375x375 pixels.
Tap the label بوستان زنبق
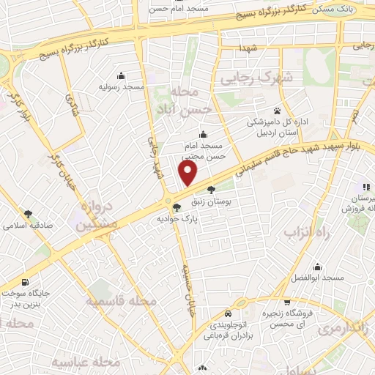pyautogui.click(x=211, y=200)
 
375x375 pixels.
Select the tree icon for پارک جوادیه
pyautogui.click(x=177, y=207)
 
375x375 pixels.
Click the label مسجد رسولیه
pyautogui.click(x=122, y=86)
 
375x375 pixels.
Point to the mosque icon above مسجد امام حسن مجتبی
pyautogui.click(x=203, y=135)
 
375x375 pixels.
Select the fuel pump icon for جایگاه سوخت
pyautogui.click(x=26, y=282)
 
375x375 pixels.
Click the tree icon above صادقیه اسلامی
pyautogui.click(x=28, y=215)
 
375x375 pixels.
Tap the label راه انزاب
pyautogui.click(x=298, y=233)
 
